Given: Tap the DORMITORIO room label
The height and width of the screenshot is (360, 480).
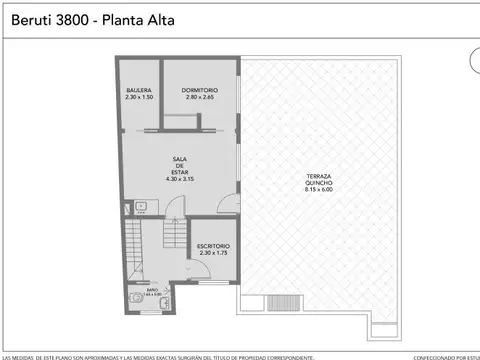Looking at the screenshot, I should pos(200,90).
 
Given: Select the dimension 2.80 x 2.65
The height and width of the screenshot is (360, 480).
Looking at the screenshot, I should pos(200,97).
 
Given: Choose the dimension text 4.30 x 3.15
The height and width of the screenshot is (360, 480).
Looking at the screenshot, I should pos(180,180).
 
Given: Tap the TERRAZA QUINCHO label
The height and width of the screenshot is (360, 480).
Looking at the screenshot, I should pos(319,180).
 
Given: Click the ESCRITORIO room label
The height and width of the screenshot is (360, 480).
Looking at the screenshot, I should pos(213,246).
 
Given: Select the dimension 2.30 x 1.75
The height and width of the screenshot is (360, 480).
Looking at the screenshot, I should pos(213,253).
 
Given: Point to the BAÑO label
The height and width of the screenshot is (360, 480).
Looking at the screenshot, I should pos(151,291).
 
